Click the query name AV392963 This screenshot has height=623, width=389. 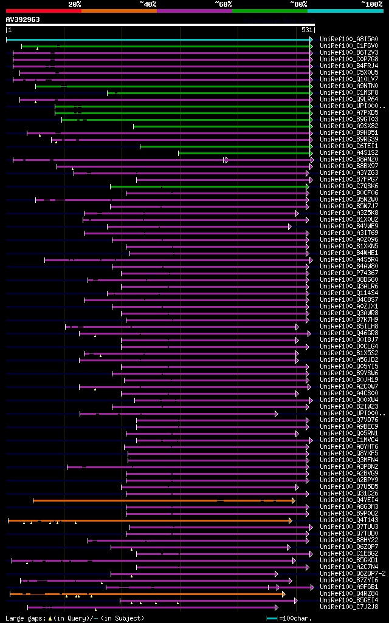click(23, 19)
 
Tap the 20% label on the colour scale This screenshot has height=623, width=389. click(75, 4)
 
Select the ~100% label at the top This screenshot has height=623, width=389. click(371, 4)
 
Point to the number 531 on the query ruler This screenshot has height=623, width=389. click(307, 30)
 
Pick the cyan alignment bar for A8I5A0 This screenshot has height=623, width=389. click(158, 39)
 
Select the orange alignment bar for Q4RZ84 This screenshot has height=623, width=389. click(146, 594)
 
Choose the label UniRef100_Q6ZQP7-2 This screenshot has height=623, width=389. click(353, 574)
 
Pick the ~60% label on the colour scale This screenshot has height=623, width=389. click(223, 4)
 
